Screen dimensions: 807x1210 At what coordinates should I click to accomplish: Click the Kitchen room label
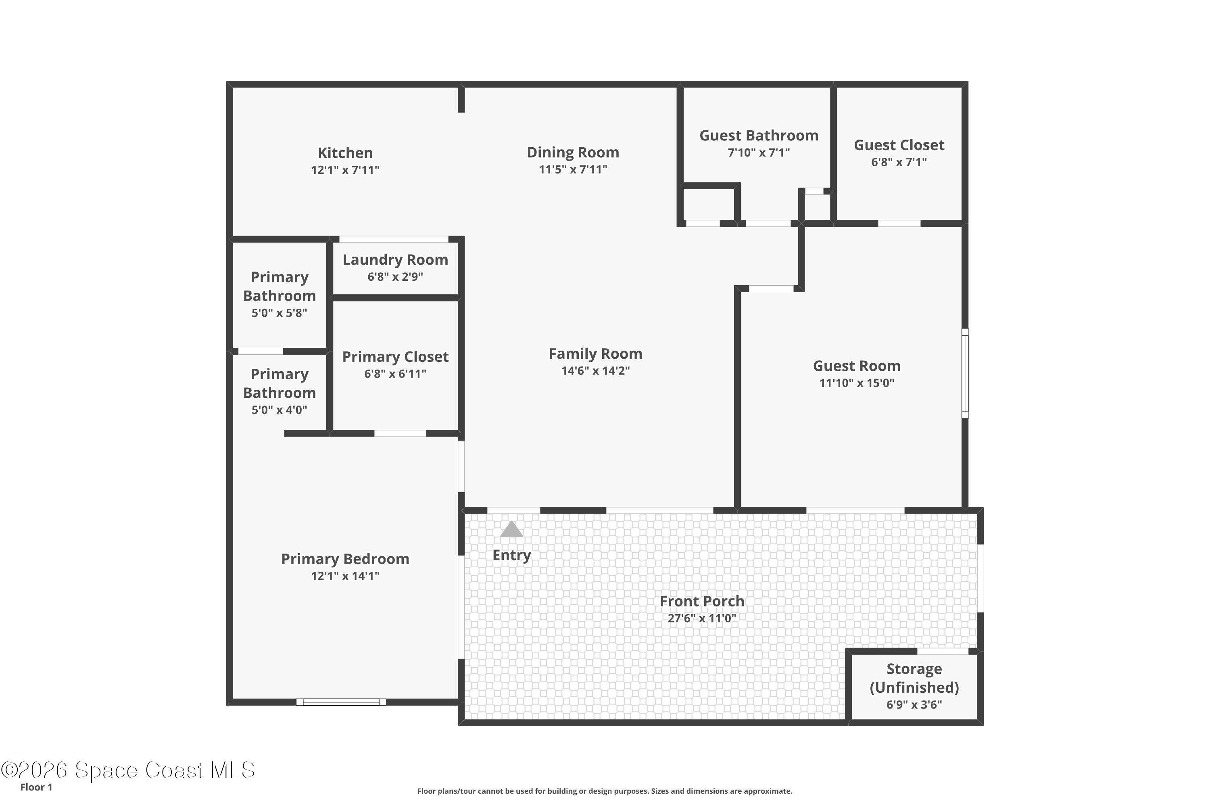345,153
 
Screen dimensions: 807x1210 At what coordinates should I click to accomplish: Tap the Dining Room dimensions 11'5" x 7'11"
573,169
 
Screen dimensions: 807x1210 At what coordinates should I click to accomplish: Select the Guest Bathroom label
758,135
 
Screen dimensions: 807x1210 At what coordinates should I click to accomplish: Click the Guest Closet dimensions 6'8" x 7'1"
898,162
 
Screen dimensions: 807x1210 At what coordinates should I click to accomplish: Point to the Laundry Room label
395,259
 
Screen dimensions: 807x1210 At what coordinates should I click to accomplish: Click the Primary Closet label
395,357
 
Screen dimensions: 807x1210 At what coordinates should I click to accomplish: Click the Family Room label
595,353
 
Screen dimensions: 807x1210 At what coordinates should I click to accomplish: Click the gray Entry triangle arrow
511,529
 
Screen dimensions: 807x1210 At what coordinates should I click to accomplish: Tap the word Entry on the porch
511,555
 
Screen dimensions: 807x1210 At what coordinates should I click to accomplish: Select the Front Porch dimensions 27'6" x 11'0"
702,618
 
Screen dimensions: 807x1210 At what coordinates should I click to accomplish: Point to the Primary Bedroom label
345,559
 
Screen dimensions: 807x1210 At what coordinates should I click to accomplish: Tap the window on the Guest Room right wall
965,373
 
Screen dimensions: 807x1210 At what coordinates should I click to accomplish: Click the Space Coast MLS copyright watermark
127,770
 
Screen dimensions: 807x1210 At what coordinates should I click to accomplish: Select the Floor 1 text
36,787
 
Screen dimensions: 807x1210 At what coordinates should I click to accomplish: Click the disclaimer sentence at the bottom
605,791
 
